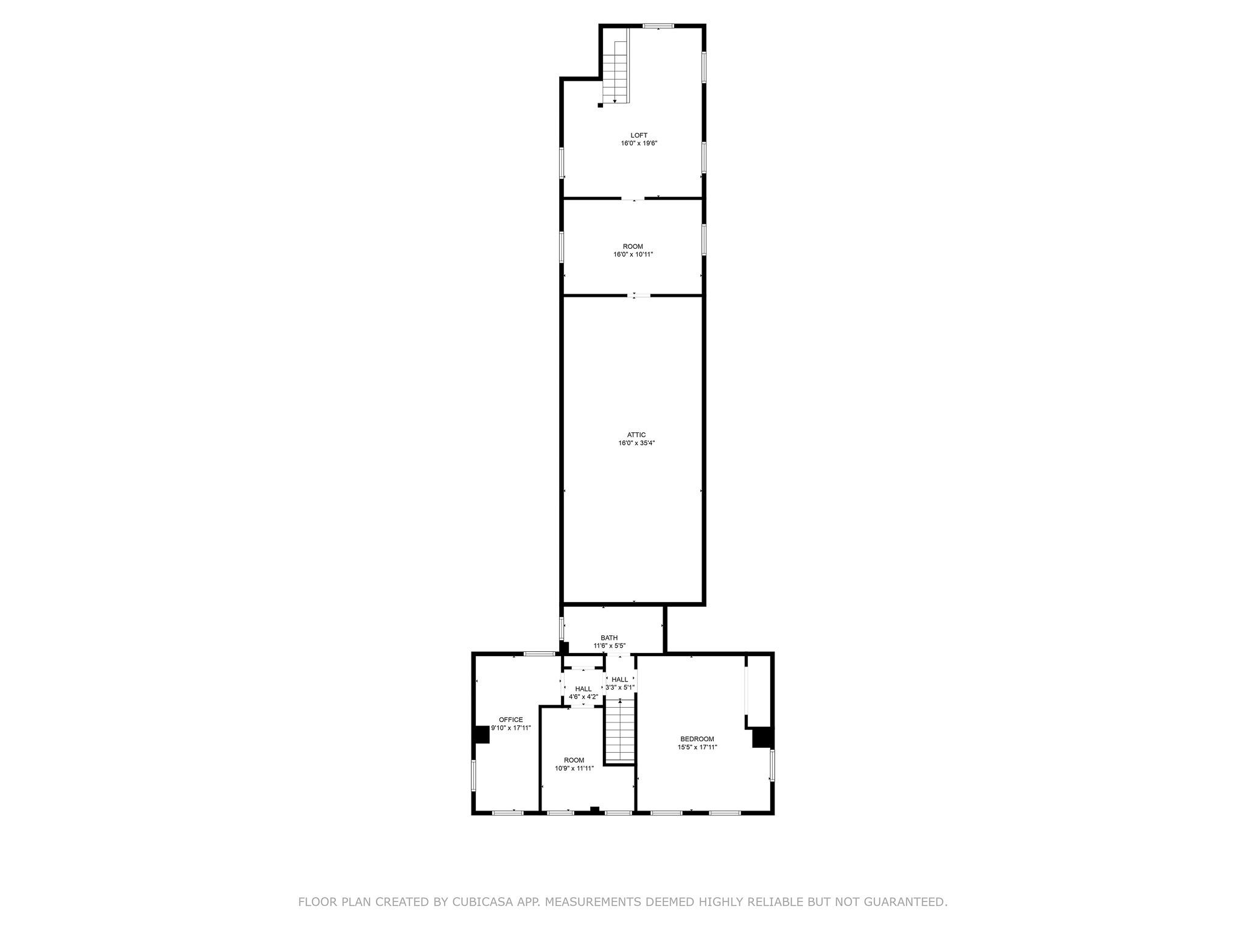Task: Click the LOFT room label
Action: (x=639, y=135)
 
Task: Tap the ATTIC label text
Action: (x=636, y=435)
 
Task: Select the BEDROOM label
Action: (x=697, y=739)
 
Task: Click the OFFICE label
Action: (x=510, y=719)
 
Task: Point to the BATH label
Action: (x=609, y=638)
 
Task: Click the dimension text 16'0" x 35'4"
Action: (x=636, y=443)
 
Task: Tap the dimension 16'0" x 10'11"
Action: (x=633, y=255)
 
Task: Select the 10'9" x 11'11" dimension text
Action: (x=574, y=768)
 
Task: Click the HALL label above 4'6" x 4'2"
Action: (x=583, y=689)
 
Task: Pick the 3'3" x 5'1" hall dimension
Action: (x=620, y=688)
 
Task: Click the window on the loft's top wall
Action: (x=659, y=26)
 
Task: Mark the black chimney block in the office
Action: (x=482, y=735)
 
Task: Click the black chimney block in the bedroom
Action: (x=762, y=738)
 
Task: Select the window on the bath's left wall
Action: (x=562, y=628)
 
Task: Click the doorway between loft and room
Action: (x=633, y=198)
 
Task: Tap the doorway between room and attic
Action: (x=639, y=296)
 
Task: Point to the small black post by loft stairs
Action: (x=600, y=105)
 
